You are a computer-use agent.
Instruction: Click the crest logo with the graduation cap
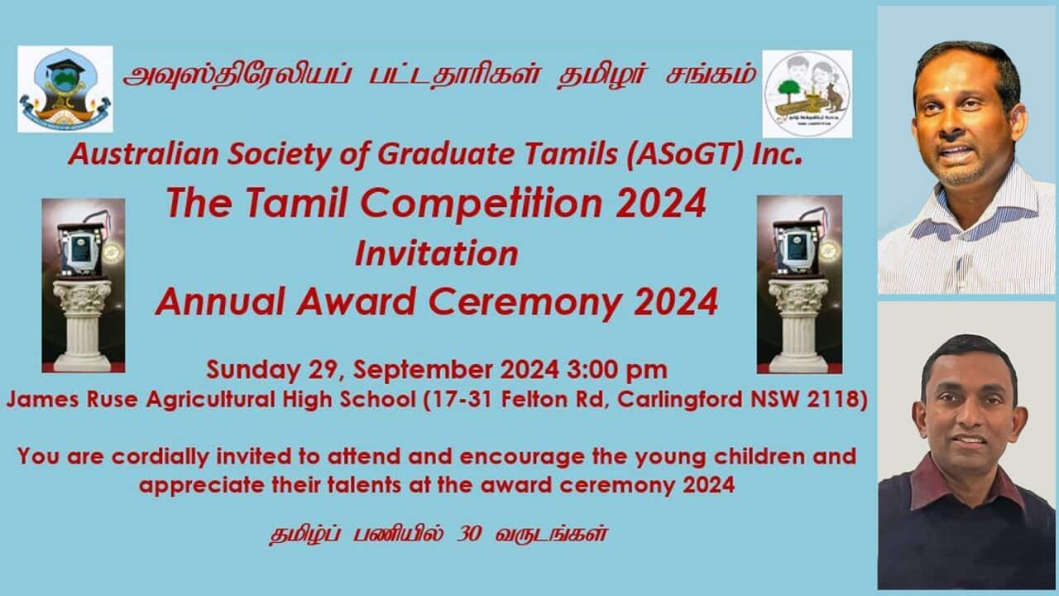tap(65, 89)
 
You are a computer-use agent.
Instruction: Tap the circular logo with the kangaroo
tap(807, 94)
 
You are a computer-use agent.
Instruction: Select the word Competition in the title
tap(482, 203)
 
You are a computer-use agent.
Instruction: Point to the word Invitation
tap(437, 253)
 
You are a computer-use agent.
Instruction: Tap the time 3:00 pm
tap(617, 370)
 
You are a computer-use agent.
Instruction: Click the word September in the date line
tap(423, 370)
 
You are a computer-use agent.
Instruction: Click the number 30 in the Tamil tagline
tap(469, 535)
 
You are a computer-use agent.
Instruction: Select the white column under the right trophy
tap(798, 325)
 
